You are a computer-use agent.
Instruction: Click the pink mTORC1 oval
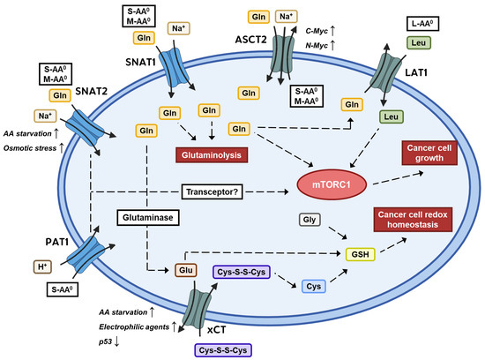pos(325,186)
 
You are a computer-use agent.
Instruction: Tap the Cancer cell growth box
pos(431,153)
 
